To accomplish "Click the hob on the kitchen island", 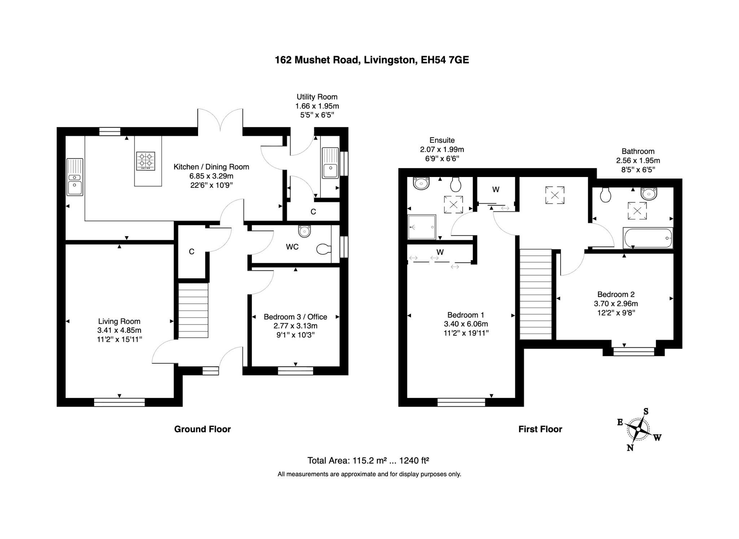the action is click(146, 161).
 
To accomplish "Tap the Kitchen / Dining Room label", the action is click(211, 167).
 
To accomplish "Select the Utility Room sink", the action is click(330, 163).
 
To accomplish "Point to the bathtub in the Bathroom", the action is click(648, 238).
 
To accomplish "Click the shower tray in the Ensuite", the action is click(421, 227).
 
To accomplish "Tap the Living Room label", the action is click(119, 321).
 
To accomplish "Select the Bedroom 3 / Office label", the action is click(295, 317).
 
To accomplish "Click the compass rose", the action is click(638, 429).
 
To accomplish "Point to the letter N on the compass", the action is click(630, 448).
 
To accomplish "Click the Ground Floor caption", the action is click(202, 429).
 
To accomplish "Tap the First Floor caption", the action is click(540, 429).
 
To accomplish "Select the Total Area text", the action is click(368, 460).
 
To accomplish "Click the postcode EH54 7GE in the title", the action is click(445, 60).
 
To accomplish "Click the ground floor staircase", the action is click(193, 310).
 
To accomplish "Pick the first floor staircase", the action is click(535, 294).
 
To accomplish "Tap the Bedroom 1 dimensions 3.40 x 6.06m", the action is click(465, 324).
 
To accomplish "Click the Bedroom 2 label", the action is click(616, 294).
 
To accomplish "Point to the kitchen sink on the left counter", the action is click(75, 177).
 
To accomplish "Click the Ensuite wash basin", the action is click(421, 184).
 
